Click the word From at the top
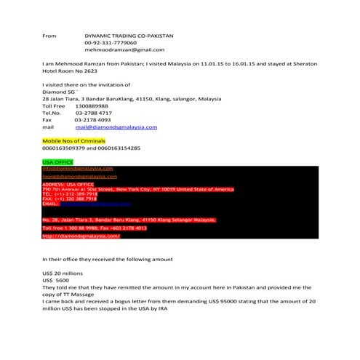coord(49,35)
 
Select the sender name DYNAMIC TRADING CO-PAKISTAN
coord(129,35)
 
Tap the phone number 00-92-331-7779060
coord(110,42)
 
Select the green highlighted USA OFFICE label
coord(57,161)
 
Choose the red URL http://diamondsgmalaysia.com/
coord(81,236)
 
